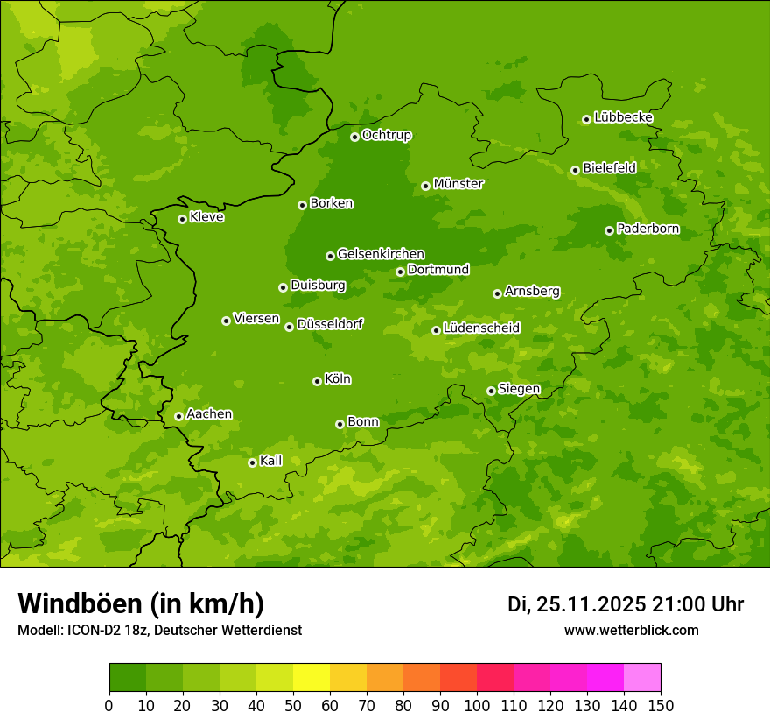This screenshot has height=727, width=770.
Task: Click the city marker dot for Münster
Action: pos(426,186)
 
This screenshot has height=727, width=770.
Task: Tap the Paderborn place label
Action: pos(647,229)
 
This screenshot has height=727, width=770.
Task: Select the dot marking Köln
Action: pos(317,381)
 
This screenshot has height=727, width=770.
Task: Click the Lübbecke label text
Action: pos(623,117)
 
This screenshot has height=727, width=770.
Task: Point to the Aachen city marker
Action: pos(178,416)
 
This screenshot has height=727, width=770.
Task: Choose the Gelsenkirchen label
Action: pos(381,254)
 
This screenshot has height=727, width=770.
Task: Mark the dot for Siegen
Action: pos(491,391)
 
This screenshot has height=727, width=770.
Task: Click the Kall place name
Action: pos(271,461)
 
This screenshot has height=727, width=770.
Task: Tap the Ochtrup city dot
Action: pos(354,137)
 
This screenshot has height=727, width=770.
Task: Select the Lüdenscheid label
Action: pos(481,328)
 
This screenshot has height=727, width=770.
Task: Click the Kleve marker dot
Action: pos(182,219)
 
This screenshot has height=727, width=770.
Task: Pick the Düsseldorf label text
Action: pos(329,324)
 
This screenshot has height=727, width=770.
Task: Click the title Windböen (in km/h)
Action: pos(141,603)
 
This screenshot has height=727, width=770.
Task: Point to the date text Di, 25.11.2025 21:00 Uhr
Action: pos(625,604)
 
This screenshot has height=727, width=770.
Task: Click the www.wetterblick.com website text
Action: pos(631,630)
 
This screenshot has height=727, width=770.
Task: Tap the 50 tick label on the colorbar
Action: pos(293,706)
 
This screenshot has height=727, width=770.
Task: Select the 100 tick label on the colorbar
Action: pos(477,706)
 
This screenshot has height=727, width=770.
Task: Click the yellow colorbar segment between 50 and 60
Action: pos(311,678)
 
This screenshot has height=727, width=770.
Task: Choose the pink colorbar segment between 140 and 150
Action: pos(641,678)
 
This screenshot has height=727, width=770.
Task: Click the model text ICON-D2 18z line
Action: pos(159,630)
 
